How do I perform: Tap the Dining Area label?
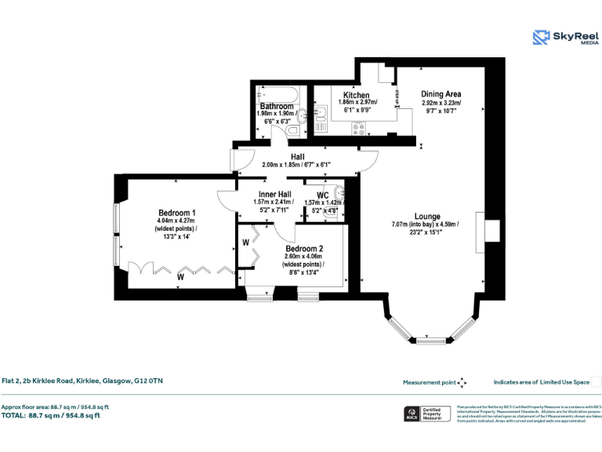[441, 93]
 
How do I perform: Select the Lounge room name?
[427, 217]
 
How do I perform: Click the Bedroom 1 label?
[177, 213]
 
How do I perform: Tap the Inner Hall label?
[273, 194]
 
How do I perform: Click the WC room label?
[322, 195]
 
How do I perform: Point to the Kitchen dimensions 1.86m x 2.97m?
[357, 103]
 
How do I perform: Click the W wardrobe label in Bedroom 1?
[180, 276]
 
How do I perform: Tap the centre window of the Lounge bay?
[429, 341]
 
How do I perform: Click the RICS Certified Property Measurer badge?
[427, 414]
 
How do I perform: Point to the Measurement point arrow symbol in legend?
[462, 383]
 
